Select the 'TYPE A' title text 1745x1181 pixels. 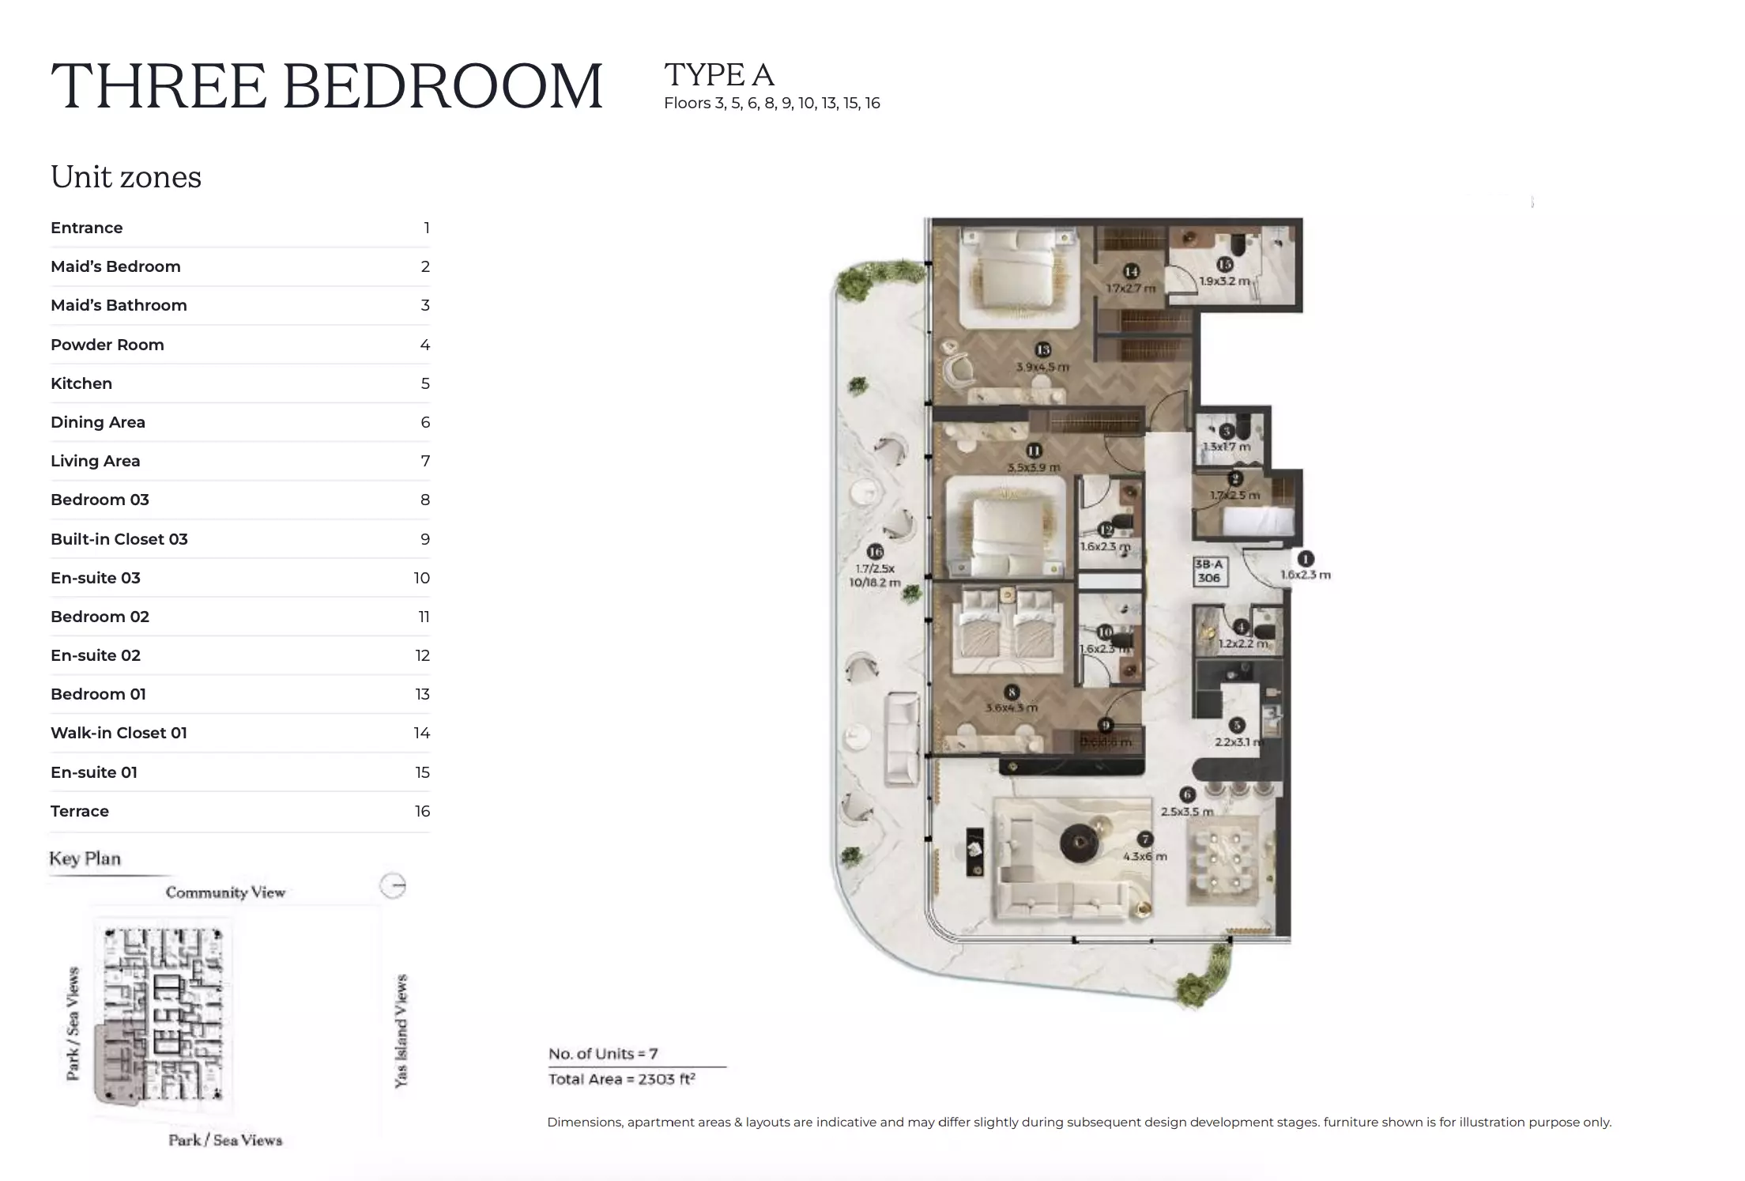pos(718,75)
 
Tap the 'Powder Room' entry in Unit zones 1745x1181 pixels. pos(107,345)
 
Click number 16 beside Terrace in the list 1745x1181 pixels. pos(422,811)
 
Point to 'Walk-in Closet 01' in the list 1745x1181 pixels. pos(119,733)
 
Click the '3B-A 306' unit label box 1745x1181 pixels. pos(1208,571)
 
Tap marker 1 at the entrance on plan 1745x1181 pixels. pos(1306,558)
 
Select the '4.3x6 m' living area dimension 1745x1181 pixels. pos(1144,856)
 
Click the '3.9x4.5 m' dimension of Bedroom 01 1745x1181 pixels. pos(1042,367)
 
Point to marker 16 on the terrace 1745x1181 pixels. pos(874,551)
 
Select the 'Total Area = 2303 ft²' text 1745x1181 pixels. pos(621,1079)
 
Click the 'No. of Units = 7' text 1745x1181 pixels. pos(603,1054)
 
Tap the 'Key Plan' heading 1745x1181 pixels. pos(85,858)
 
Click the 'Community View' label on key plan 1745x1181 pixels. pos(225,892)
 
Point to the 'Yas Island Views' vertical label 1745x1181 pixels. pos(401,1031)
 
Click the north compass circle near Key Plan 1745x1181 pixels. pos(393,885)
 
